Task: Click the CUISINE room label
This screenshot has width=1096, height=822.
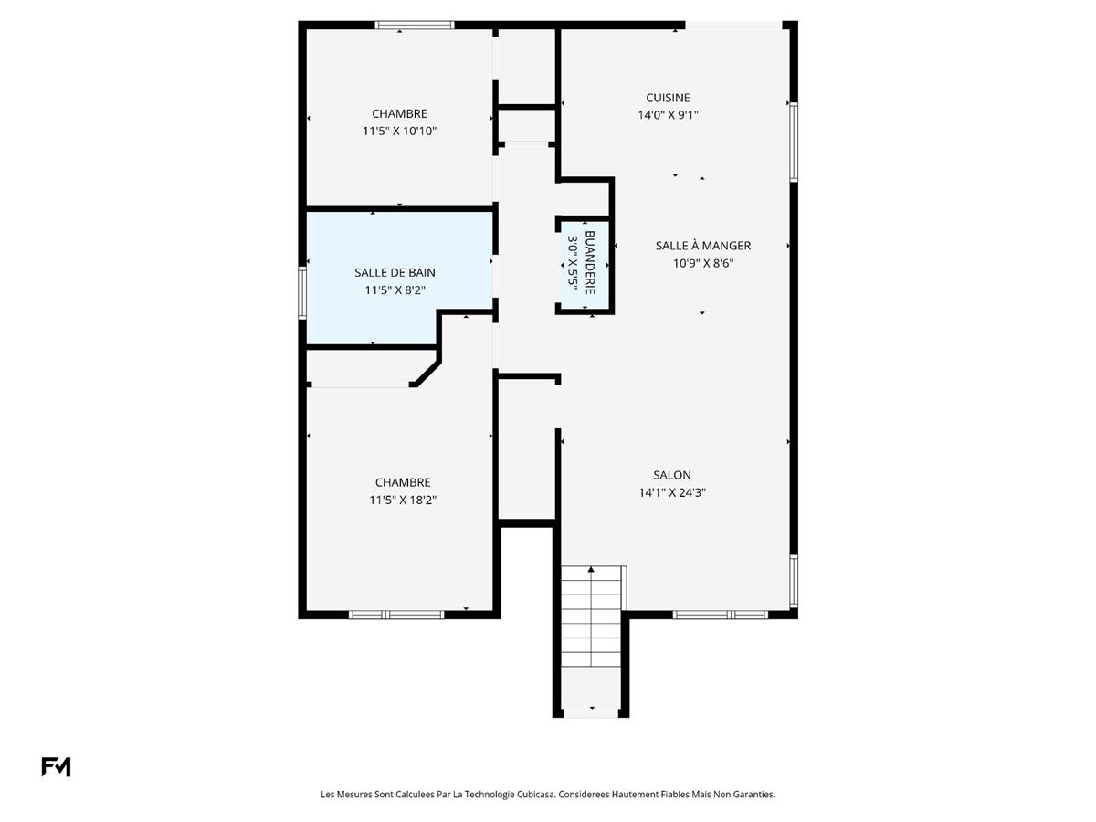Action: click(668, 98)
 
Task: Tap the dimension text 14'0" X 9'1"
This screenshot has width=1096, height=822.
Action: click(668, 115)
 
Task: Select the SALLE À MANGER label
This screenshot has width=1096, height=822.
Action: click(702, 246)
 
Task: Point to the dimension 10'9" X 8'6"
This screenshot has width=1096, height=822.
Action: click(702, 263)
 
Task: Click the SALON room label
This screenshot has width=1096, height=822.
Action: click(671, 475)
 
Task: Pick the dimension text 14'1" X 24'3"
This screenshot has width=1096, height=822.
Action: click(671, 492)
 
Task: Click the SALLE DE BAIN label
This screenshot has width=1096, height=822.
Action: click(395, 272)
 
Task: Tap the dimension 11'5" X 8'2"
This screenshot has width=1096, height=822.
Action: click(395, 290)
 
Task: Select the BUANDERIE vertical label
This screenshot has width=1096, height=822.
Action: click(589, 263)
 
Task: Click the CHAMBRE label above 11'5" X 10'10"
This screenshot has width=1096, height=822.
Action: click(399, 113)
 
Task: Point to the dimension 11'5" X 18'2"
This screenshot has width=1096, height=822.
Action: click(402, 500)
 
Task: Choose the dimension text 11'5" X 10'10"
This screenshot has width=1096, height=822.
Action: click(399, 131)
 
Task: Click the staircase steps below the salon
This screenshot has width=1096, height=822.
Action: click(591, 621)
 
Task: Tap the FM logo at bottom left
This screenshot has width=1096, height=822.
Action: click(56, 767)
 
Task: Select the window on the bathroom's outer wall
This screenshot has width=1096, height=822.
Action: click(302, 292)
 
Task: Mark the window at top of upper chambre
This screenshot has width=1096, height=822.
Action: click(415, 25)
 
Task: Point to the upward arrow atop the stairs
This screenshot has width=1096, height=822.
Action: click(591, 570)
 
